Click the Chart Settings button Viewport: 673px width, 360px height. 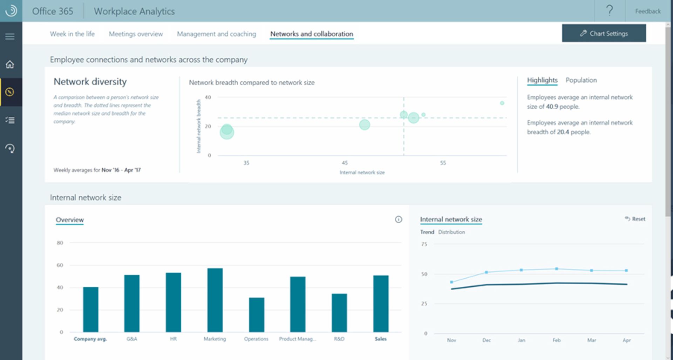[x=604, y=33]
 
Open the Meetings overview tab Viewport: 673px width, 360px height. [x=136, y=34]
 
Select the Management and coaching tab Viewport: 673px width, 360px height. [x=216, y=34]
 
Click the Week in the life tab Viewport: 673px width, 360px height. [x=72, y=34]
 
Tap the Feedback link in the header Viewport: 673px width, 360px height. [x=648, y=11]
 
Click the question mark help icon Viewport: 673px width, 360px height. [x=610, y=11]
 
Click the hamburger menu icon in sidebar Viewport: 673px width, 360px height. [x=10, y=36]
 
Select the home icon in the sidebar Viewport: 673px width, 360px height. [x=10, y=64]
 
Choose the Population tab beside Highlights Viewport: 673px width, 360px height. [x=581, y=80]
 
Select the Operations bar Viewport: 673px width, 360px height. [x=256, y=314]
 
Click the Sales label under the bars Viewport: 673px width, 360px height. [x=380, y=339]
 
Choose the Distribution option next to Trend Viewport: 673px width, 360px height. [x=451, y=232]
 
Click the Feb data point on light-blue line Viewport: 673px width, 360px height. [x=557, y=269]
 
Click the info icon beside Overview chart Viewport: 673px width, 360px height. [x=399, y=219]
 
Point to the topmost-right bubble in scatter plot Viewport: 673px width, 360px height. [x=502, y=103]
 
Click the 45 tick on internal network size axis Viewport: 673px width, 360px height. [x=345, y=163]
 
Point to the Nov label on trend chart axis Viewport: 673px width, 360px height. [x=451, y=340]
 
